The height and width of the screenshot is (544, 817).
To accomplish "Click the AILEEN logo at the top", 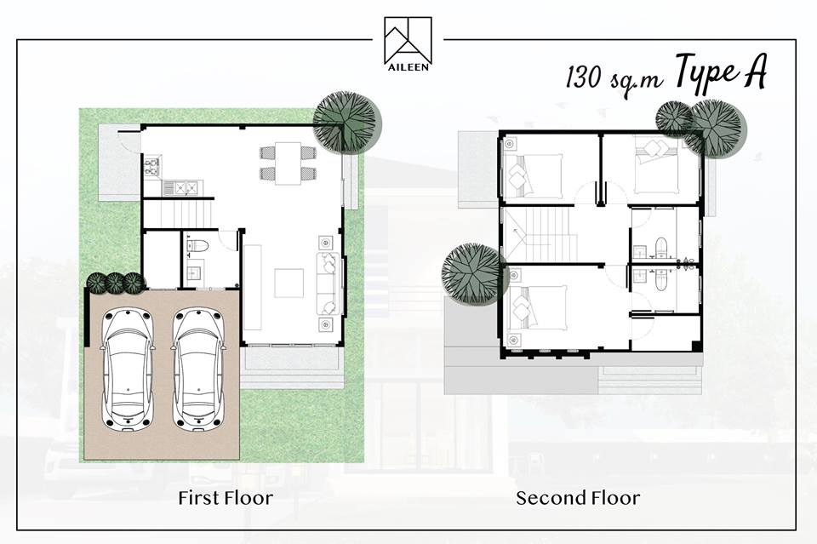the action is point(408,43).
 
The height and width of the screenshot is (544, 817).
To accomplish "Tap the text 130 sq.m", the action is point(614,78).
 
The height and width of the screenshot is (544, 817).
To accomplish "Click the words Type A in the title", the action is point(721,75).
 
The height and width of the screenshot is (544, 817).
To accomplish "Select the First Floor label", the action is point(225,498).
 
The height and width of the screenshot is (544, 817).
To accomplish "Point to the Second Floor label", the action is point(578,498).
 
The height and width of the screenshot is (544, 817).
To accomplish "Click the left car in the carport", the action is point(129,369).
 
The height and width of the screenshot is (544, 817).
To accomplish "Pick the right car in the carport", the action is point(198,369).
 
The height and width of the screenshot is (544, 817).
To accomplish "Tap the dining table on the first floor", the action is point(288,163).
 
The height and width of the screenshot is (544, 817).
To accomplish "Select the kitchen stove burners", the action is point(151,166).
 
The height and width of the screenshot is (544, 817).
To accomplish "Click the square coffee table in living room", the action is point(289,283).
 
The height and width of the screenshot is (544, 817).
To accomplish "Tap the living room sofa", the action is point(329,283).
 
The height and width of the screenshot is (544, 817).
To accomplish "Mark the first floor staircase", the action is point(177,214).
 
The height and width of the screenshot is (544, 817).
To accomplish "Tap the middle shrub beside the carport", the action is point(114,283).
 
